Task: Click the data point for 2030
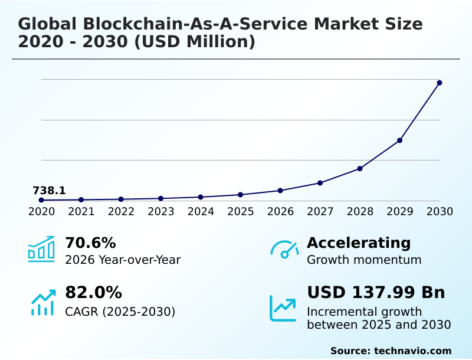tap(440, 83)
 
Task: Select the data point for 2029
tap(399, 140)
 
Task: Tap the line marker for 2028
tap(360, 169)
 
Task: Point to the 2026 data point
tap(280, 191)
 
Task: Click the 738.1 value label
tap(49, 191)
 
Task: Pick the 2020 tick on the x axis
tap(41, 211)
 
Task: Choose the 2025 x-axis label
tap(241, 211)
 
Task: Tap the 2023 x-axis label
tap(161, 211)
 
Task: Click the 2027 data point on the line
tap(320, 183)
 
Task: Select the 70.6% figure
tap(90, 243)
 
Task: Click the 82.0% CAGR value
tap(93, 293)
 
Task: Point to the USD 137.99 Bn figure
tap(376, 293)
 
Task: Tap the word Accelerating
tap(359, 243)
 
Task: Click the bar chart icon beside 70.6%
tap(41, 250)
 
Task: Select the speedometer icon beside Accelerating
tap(284, 250)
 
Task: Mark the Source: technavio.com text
tap(391, 351)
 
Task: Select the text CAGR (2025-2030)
tap(120, 312)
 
